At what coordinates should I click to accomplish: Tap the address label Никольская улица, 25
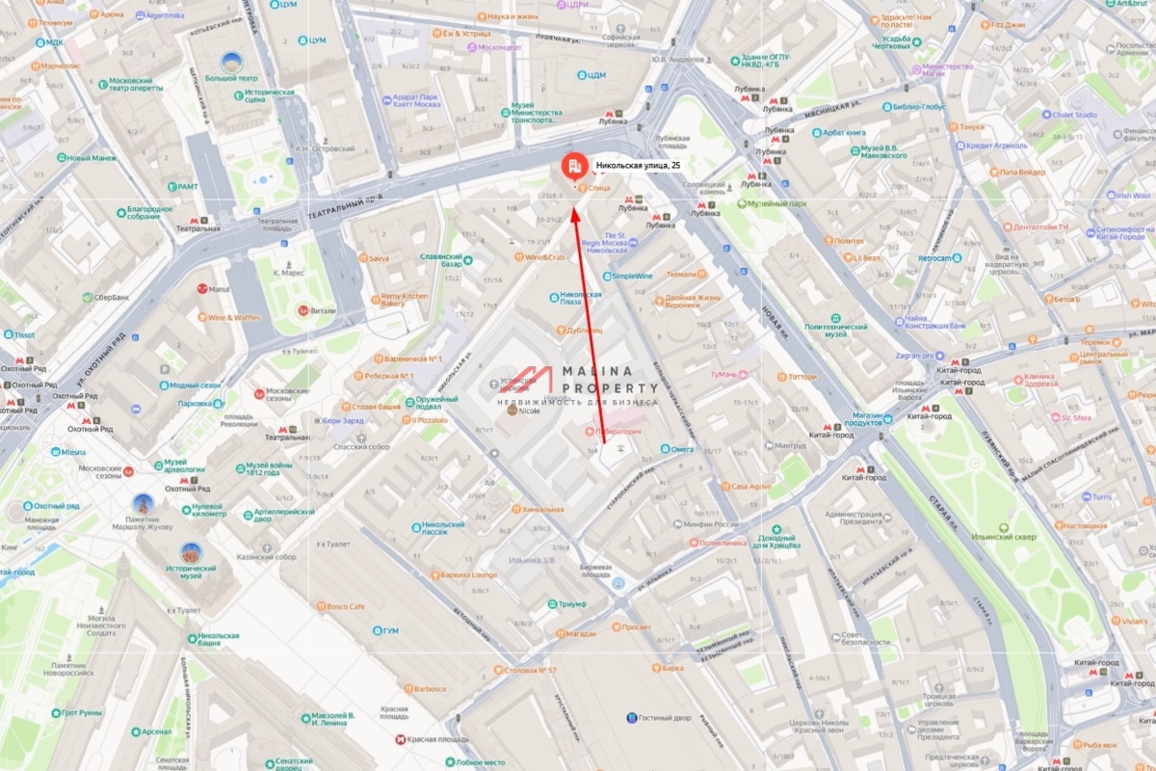pos(638,166)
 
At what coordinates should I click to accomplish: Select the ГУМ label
pos(390,630)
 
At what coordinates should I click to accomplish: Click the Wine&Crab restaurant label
pos(544,257)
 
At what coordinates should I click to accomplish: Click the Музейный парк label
pos(777,203)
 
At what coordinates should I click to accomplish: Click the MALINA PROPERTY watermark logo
pos(578,382)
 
